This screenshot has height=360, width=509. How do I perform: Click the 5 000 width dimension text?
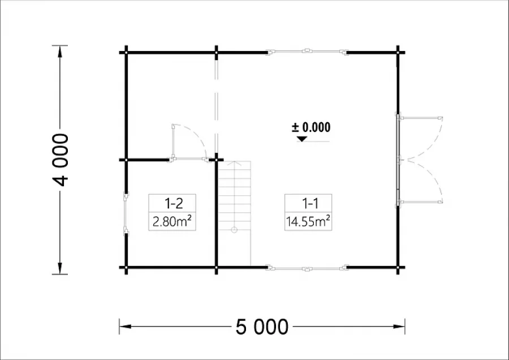click(262, 327)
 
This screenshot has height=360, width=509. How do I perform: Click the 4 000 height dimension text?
click(61, 160)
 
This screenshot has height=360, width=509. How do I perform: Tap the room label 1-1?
click(310, 203)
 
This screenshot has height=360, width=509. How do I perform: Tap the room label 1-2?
click(174, 203)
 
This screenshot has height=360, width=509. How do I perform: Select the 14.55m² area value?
click(308, 221)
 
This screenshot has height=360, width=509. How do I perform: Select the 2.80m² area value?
click(172, 221)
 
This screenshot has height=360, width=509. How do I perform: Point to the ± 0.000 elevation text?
click(311, 127)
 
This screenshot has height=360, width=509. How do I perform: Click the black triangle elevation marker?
click(302, 139)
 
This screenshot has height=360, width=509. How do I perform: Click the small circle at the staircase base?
click(234, 230)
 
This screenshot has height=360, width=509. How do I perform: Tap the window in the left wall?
click(126, 213)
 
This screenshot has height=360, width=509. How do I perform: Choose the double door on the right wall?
click(419, 160)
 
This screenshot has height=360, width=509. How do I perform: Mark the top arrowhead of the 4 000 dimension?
click(60, 52)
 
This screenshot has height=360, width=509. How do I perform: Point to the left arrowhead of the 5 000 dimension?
click(126, 326)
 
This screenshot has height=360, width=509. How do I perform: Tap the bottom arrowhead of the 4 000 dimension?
click(60, 268)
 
